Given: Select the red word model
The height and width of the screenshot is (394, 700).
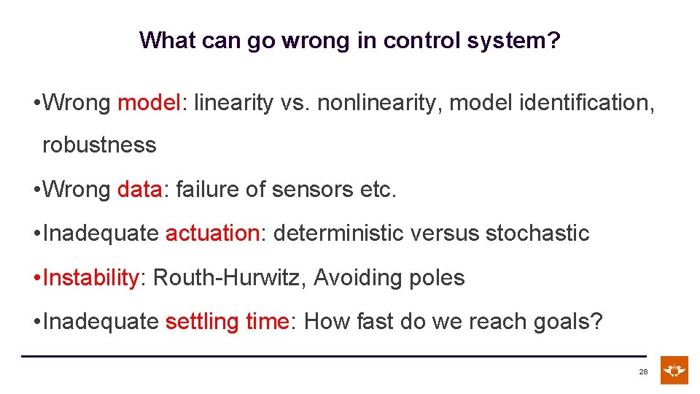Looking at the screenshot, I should coord(148,103).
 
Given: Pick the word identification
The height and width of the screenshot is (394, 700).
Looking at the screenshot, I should coord(587,103).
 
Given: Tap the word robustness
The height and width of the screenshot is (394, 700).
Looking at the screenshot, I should coord(99,145).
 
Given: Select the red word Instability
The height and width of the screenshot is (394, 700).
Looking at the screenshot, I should coord(91,278).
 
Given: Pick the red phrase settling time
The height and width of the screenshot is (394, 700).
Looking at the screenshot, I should coord(227,322).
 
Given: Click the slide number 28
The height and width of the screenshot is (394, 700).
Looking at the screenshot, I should coord(643,372).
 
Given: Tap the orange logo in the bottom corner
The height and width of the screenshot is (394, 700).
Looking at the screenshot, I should coord(674,370).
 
